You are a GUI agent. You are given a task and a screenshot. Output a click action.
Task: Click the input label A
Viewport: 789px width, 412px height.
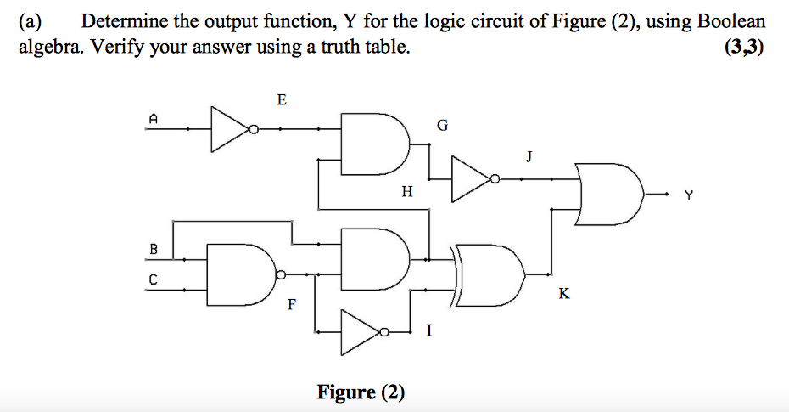[x=154, y=120]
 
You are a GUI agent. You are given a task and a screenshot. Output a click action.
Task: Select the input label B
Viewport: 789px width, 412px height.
[x=154, y=250]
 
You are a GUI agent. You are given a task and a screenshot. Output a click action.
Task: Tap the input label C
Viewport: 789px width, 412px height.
[x=154, y=279]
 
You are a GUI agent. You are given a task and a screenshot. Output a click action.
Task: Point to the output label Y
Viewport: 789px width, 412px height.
[x=689, y=196]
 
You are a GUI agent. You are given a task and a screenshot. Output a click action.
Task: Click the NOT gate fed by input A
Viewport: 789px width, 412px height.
[x=231, y=130]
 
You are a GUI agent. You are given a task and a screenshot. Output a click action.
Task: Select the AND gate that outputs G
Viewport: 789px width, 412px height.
[x=373, y=139]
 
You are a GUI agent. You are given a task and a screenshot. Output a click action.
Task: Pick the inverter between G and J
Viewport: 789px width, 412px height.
[x=472, y=179]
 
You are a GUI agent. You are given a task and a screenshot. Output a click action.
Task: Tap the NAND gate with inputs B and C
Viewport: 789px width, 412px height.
[x=239, y=274]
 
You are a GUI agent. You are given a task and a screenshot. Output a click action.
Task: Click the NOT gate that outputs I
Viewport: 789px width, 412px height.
[x=363, y=331]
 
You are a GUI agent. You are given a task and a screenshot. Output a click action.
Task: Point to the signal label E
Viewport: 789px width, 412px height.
[x=282, y=101]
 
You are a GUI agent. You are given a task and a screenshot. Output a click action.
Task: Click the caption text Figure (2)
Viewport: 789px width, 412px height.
[x=361, y=392]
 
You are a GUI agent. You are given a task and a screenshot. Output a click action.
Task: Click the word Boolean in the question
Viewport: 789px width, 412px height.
[x=731, y=22]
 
